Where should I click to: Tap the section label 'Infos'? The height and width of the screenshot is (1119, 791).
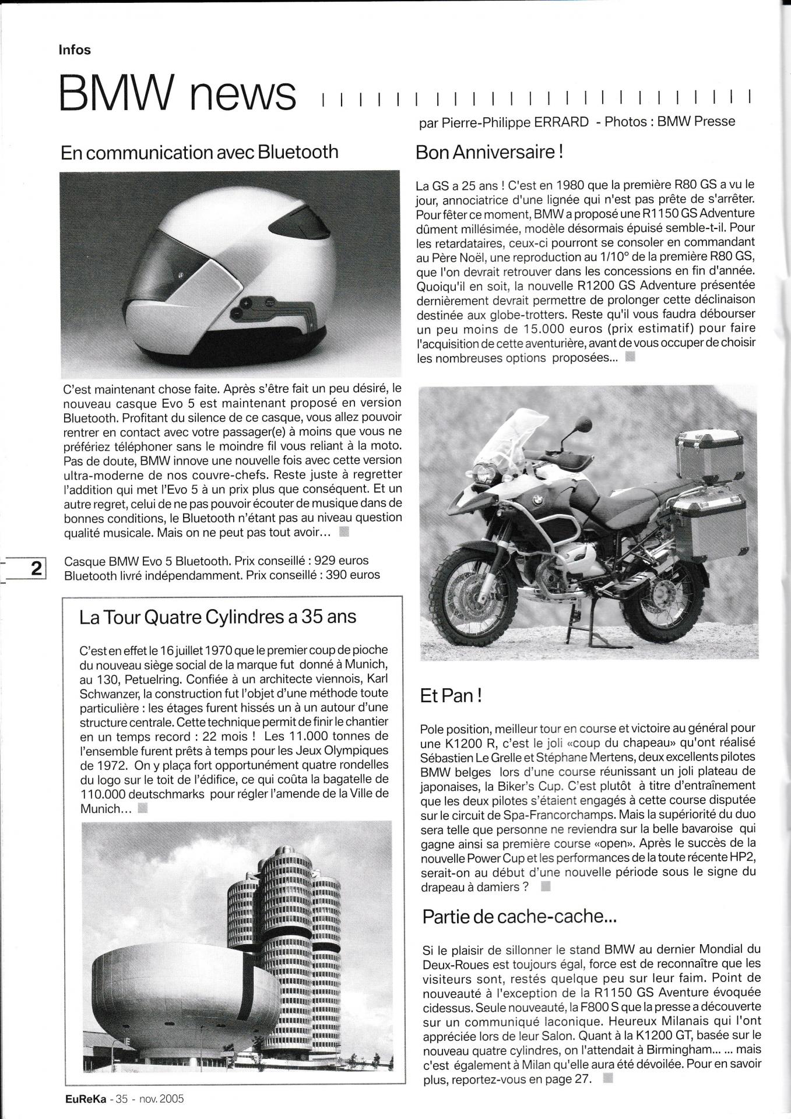point(75,50)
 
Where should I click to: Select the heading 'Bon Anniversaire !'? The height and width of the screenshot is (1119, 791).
point(489,153)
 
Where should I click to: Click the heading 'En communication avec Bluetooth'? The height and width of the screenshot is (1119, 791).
point(199,152)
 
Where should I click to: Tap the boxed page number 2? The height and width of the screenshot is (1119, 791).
point(36,568)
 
